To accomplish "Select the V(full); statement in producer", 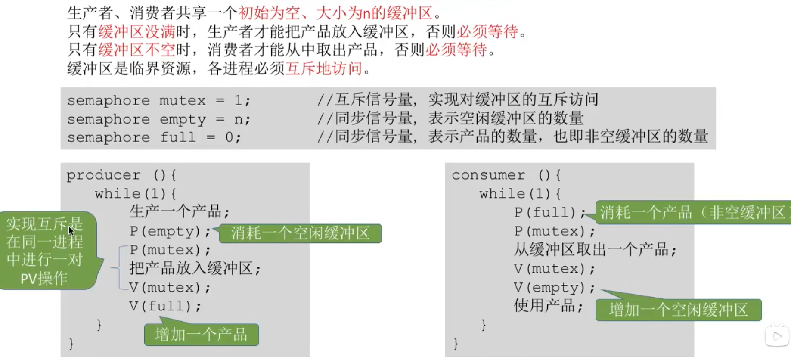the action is (x=165, y=306).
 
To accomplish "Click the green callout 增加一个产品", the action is (x=202, y=335).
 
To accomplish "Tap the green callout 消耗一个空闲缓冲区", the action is (x=300, y=233).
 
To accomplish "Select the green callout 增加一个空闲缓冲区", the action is (x=678, y=310).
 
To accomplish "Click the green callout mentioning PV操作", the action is (x=45, y=251).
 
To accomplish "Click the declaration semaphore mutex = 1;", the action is (x=158, y=101).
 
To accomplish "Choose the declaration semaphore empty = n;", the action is (x=158, y=119).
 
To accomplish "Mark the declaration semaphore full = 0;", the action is (x=154, y=138).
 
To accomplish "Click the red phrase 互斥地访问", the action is (x=324, y=68).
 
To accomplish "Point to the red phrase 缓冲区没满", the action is (x=137, y=31).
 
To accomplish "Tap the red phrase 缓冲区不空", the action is (x=137, y=50).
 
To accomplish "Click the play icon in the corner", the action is (x=777, y=336).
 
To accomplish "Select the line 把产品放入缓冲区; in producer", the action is (x=195, y=269).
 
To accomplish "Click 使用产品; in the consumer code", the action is (x=548, y=306).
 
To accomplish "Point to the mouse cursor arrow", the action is (x=71, y=231).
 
